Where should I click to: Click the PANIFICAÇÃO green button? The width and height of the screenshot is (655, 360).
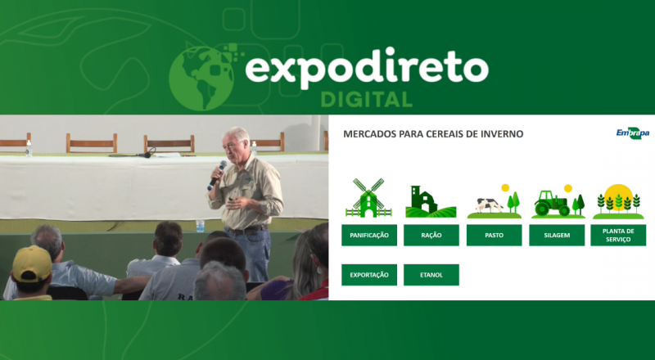click(x=369, y=235)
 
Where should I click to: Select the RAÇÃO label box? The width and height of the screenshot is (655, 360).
click(x=431, y=235)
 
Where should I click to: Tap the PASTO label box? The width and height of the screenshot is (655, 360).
click(x=494, y=235)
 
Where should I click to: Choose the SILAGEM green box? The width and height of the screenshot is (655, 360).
click(x=557, y=235)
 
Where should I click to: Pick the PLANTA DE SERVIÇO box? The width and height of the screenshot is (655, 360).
click(x=618, y=235)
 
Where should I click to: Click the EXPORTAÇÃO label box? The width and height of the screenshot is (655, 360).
click(x=369, y=275)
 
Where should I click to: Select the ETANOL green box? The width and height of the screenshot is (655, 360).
click(x=431, y=275)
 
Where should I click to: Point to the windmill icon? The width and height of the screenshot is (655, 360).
click(x=368, y=197)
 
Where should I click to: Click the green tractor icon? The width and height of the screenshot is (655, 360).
click(x=552, y=204)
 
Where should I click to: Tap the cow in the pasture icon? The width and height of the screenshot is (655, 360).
click(x=490, y=205)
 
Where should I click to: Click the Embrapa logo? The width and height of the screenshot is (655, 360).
click(x=632, y=133)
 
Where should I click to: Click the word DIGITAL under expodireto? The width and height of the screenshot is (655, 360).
click(x=366, y=99)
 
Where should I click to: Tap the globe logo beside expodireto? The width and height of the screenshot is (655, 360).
click(x=201, y=78)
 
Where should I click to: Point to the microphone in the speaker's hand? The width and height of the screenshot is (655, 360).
click(x=217, y=175)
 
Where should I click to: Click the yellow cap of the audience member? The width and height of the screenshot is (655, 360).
click(x=32, y=263)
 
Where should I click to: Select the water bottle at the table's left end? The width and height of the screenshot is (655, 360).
click(x=29, y=149)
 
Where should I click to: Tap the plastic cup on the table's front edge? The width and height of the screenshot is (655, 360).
click(x=200, y=226)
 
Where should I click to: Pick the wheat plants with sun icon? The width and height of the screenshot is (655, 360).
click(x=618, y=201)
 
